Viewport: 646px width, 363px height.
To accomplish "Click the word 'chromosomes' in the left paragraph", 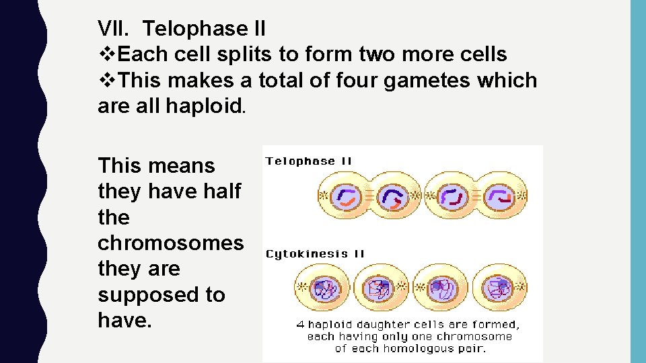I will (170, 243).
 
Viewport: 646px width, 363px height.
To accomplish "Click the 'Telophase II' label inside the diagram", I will (309, 161).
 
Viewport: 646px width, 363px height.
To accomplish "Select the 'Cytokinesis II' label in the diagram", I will (315, 254).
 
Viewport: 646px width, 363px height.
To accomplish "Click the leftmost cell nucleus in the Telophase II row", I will (348, 196).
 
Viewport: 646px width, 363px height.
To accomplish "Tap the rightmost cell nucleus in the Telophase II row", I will (500, 196).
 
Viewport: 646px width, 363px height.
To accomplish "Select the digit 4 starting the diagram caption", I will (300, 324).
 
